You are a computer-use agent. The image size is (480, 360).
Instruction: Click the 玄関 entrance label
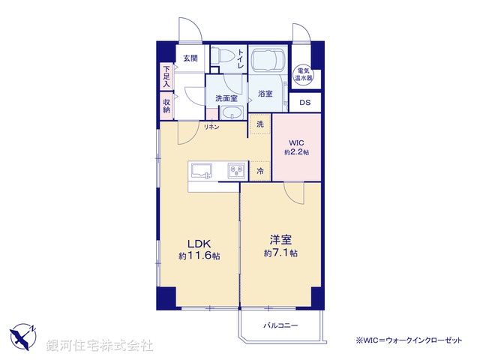pyautogui.click(x=190, y=58)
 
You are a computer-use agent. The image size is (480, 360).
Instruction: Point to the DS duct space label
pyautogui.click(x=305, y=103)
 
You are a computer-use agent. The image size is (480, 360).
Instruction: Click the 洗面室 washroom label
pyautogui.click(x=226, y=98)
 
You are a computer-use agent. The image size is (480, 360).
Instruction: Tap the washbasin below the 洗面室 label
pyautogui.click(x=232, y=113)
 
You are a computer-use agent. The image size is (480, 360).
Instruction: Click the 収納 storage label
pyautogui.click(x=166, y=106)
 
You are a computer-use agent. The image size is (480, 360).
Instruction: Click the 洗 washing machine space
pyautogui.click(x=259, y=124)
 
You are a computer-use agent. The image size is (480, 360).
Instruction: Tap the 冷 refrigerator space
pyautogui.click(x=259, y=170)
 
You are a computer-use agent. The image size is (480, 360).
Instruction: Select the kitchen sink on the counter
pyautogui.click(x=202, y=171)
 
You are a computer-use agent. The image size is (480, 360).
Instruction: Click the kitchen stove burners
pyautogui.click(x=237, y=171)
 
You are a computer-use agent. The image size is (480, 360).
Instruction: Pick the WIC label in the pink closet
pyautogui.click(x=296, y=142)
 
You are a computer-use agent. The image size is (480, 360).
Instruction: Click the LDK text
pyautogui.click(x=199, y=243)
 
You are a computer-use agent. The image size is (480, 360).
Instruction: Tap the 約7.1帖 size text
pyautogui.click(x=280, y=253)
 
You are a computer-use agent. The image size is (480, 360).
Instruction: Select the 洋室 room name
pyautogui.click(x=280, y=240)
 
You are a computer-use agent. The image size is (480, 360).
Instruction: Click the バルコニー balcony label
pyautogui.click(x=280, y=325)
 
